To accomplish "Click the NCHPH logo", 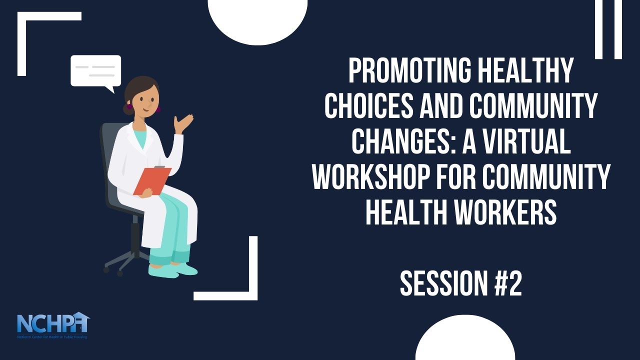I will (x=53, y=324).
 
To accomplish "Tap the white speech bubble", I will (x=96, y=71).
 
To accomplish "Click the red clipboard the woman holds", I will (x=151, y=180).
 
